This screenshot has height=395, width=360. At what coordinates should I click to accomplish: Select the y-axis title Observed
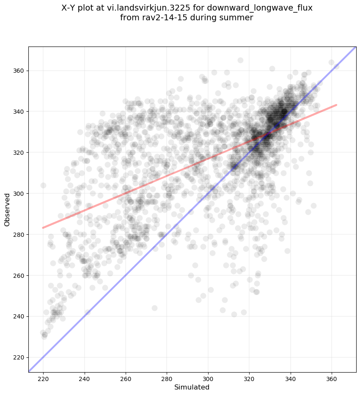tap(7, 210)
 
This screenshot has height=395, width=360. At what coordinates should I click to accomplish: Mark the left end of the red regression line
tap(43, 228)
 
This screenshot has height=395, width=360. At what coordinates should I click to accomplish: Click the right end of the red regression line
tap(336, 104)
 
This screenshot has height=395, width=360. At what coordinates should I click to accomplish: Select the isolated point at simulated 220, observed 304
tap(43, 185)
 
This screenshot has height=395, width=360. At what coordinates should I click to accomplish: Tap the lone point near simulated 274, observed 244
tap(154, 308)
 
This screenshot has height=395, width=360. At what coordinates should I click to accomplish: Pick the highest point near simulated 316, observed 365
tap(240, 60)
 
